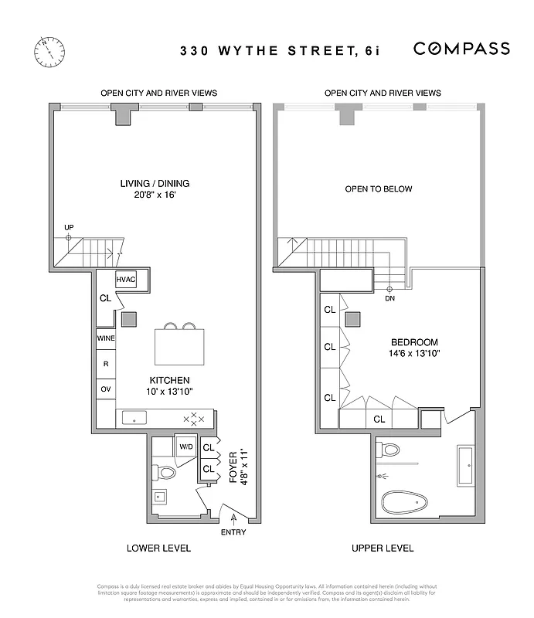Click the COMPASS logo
pyautogui.click(x=461, y=49)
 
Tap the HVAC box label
pyautogui.click(x=126, y=279)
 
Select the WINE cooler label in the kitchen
pyautogui.click(x=106, y=338)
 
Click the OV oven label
pyautogui.click(x=106, y=389)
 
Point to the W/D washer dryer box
pyautogui.click(x=186, y=447)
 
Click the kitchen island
pyautogui.click(x=180, y=345)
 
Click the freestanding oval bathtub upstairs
pyautogui.click(x=405, y=504)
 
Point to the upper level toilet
pyautogui.click(x=389, y=450)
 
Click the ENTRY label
pyautogui.click(x=233, y=532)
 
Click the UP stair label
pyautogui.click(x=69, y=227)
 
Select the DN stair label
pyautogui.click(x=389, y=297)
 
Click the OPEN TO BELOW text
pyautogui.click(x=379, y=189)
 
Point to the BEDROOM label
pyautogui.click(x=414, y=342)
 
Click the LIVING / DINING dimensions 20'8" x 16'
pyautogui.click(x=155, y=195)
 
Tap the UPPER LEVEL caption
pyautogui.click(x=383, y=548)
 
